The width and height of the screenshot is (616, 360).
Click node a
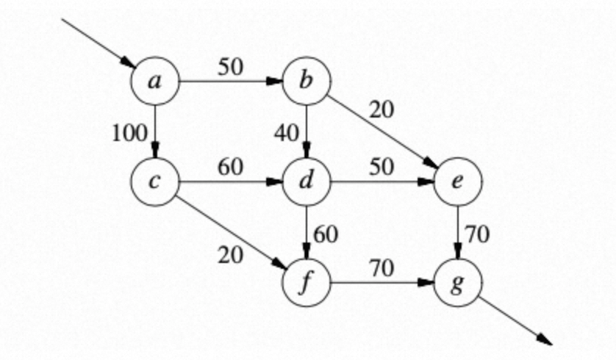tap(154, 80)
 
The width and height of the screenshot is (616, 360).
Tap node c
tap(154, 181)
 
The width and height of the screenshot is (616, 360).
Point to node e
tap(458, 181)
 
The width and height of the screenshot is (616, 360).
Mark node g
tap(458, 282)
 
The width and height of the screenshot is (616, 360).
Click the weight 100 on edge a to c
tap(130, 133)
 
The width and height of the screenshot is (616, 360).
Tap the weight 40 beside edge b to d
tap(285, 133)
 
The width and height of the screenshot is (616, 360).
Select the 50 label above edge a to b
tap(230, 65)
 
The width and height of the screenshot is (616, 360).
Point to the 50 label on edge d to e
tap(381, 166)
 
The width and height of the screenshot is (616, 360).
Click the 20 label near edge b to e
tap(381, 110)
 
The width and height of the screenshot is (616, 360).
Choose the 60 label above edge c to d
tap(230, 166)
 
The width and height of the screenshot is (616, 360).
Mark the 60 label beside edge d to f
tap(325, 234)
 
